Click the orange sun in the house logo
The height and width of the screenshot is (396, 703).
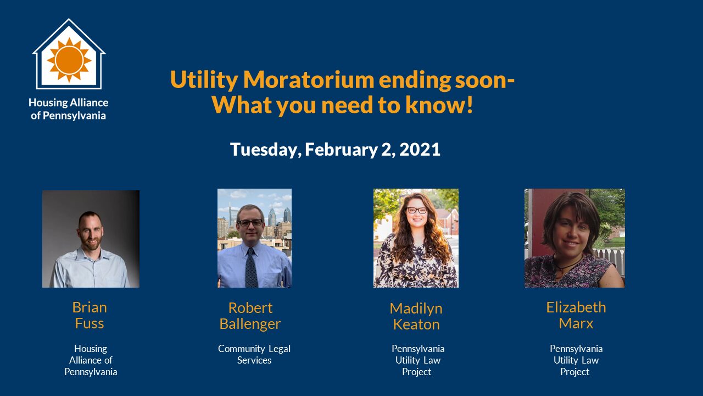coord(69,60)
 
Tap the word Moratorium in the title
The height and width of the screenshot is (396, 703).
coord(309,80)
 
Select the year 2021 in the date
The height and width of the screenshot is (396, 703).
coord(420,150)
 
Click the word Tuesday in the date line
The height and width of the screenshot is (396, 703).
coord(263,150)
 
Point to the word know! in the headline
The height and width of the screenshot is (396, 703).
coord(439,105)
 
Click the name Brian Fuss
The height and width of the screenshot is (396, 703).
coord(90,315)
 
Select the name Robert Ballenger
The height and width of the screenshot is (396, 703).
coord(250,316)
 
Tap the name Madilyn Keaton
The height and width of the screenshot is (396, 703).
coord(416,316)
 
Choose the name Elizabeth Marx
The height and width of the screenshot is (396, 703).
coord(576,315)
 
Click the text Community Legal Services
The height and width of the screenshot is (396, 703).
coord(254,354)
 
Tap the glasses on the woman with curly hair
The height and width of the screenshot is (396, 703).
coord(416,210)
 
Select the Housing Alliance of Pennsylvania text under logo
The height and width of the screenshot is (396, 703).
coord(69,109)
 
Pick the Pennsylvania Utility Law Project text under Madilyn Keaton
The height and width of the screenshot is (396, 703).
coord(418,360)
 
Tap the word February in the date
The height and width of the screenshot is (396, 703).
coord(341,150)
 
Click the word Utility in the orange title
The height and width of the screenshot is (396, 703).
coord(204,80)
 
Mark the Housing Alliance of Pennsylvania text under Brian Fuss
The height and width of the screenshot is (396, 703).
coord(91,360)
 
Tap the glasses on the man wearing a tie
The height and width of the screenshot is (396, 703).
coord(250,223)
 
